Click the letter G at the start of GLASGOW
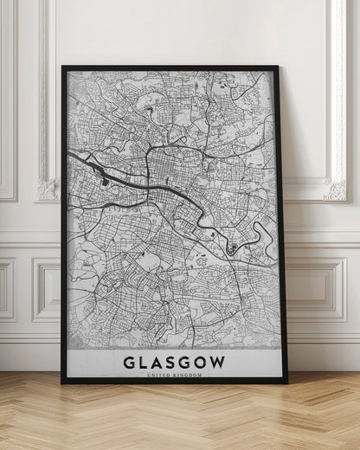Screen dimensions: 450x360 pos(128,361)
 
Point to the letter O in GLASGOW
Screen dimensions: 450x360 pos(202,361)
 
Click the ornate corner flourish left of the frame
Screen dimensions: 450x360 pos(48,188)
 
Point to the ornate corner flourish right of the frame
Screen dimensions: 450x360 pos(334,188)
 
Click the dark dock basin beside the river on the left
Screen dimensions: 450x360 pos(106,180)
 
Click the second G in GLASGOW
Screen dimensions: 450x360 pos(186,361)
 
